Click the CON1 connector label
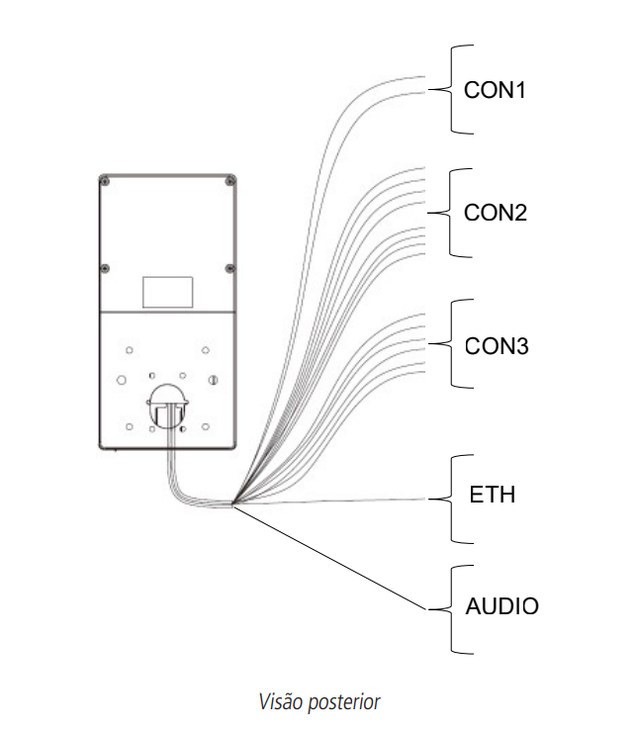495,90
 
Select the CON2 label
495,214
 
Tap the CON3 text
496,347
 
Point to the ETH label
492,494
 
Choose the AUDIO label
501,606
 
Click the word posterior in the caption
343,703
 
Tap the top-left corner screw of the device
104,181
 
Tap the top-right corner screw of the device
229,181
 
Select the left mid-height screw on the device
104,268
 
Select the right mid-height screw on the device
229,268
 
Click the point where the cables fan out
232,504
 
